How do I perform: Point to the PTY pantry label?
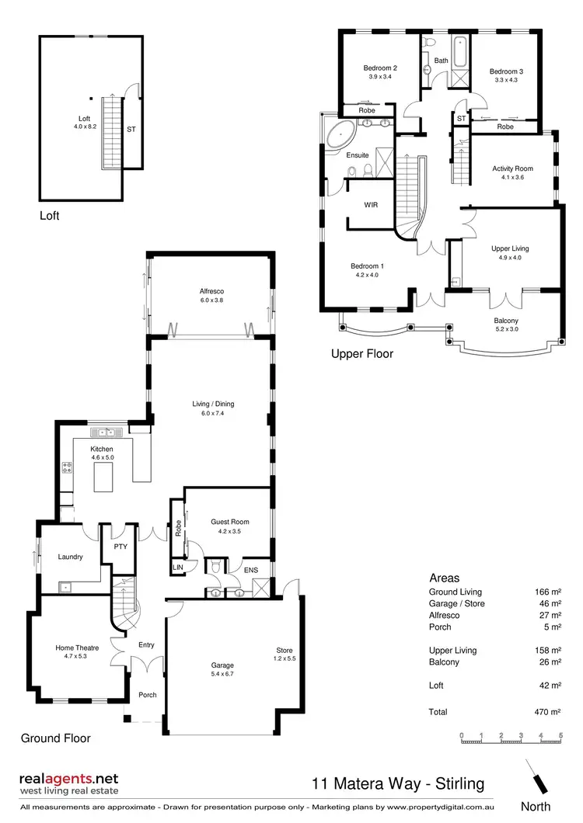point(120,547)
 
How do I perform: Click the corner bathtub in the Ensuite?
point(339,135)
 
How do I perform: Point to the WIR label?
point(371,205)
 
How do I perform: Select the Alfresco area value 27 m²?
point(549,616)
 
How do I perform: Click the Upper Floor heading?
point(362,354)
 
